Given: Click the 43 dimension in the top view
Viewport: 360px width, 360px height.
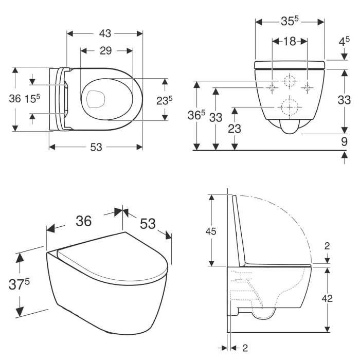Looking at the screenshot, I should click(105, 33).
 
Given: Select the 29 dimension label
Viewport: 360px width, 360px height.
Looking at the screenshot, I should click(106, 50).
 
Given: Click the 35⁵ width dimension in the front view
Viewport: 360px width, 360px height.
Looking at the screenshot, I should click(290, 22).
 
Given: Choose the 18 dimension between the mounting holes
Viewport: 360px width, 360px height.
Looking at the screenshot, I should click(290, 42).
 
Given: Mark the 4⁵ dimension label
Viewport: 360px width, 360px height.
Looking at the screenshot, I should click(344, 42).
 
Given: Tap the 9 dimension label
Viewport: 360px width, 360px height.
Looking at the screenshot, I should click(344, 140).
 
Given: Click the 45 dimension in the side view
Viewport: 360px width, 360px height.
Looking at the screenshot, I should click(211, 231).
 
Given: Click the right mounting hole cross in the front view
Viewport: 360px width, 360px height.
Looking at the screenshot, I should click(308, 87).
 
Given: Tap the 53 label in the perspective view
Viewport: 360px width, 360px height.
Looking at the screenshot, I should click(148, 224).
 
